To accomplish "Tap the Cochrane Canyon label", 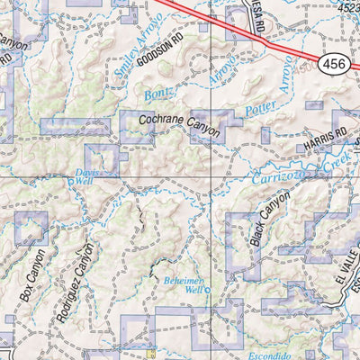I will (x=180, y=125).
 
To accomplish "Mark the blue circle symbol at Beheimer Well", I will (x=205, y=290).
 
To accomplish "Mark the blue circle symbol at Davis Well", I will (x=74, y=179).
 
